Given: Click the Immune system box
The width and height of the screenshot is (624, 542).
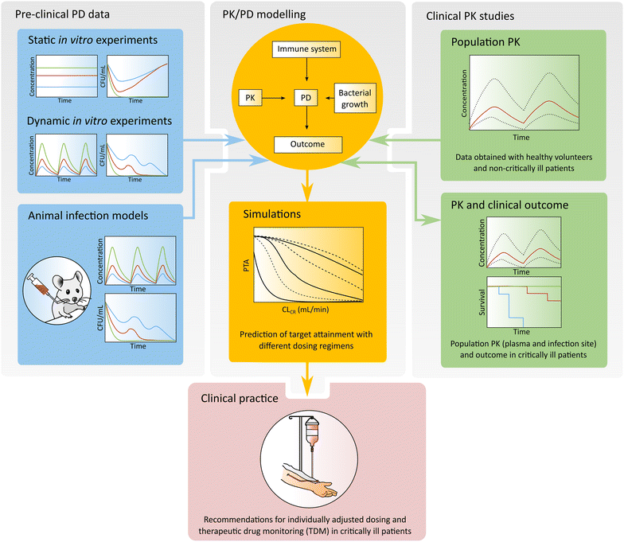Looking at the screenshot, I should pos(307,50).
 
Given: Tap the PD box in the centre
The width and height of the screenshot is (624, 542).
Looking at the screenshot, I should pos(307,97).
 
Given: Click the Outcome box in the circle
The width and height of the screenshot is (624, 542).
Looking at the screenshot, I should pos(307,145).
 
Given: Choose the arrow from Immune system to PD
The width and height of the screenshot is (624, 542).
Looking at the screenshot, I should pos(307,73).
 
